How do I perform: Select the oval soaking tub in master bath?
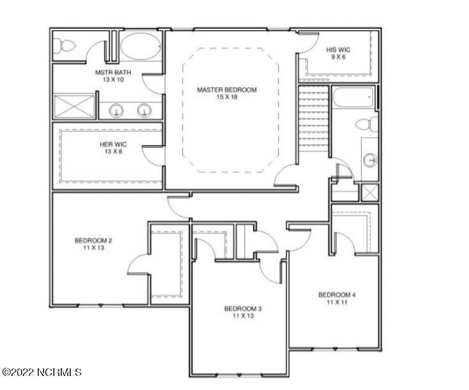pos(142,47)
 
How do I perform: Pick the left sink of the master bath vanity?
pos(117,111)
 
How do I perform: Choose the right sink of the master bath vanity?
pos(145,111)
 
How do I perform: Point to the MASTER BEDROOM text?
pos(227,90)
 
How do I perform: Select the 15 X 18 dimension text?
pos(227,97)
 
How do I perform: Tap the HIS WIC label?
pos(338,49)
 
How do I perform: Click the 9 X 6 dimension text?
pos(338,57)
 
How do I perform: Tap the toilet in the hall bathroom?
pos(366,124)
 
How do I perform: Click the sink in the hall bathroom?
pos(370,159)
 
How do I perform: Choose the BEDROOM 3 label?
pos(243,308)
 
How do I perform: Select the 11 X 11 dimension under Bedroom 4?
pos(336,302)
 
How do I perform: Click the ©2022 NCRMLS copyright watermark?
pos(42,372)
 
